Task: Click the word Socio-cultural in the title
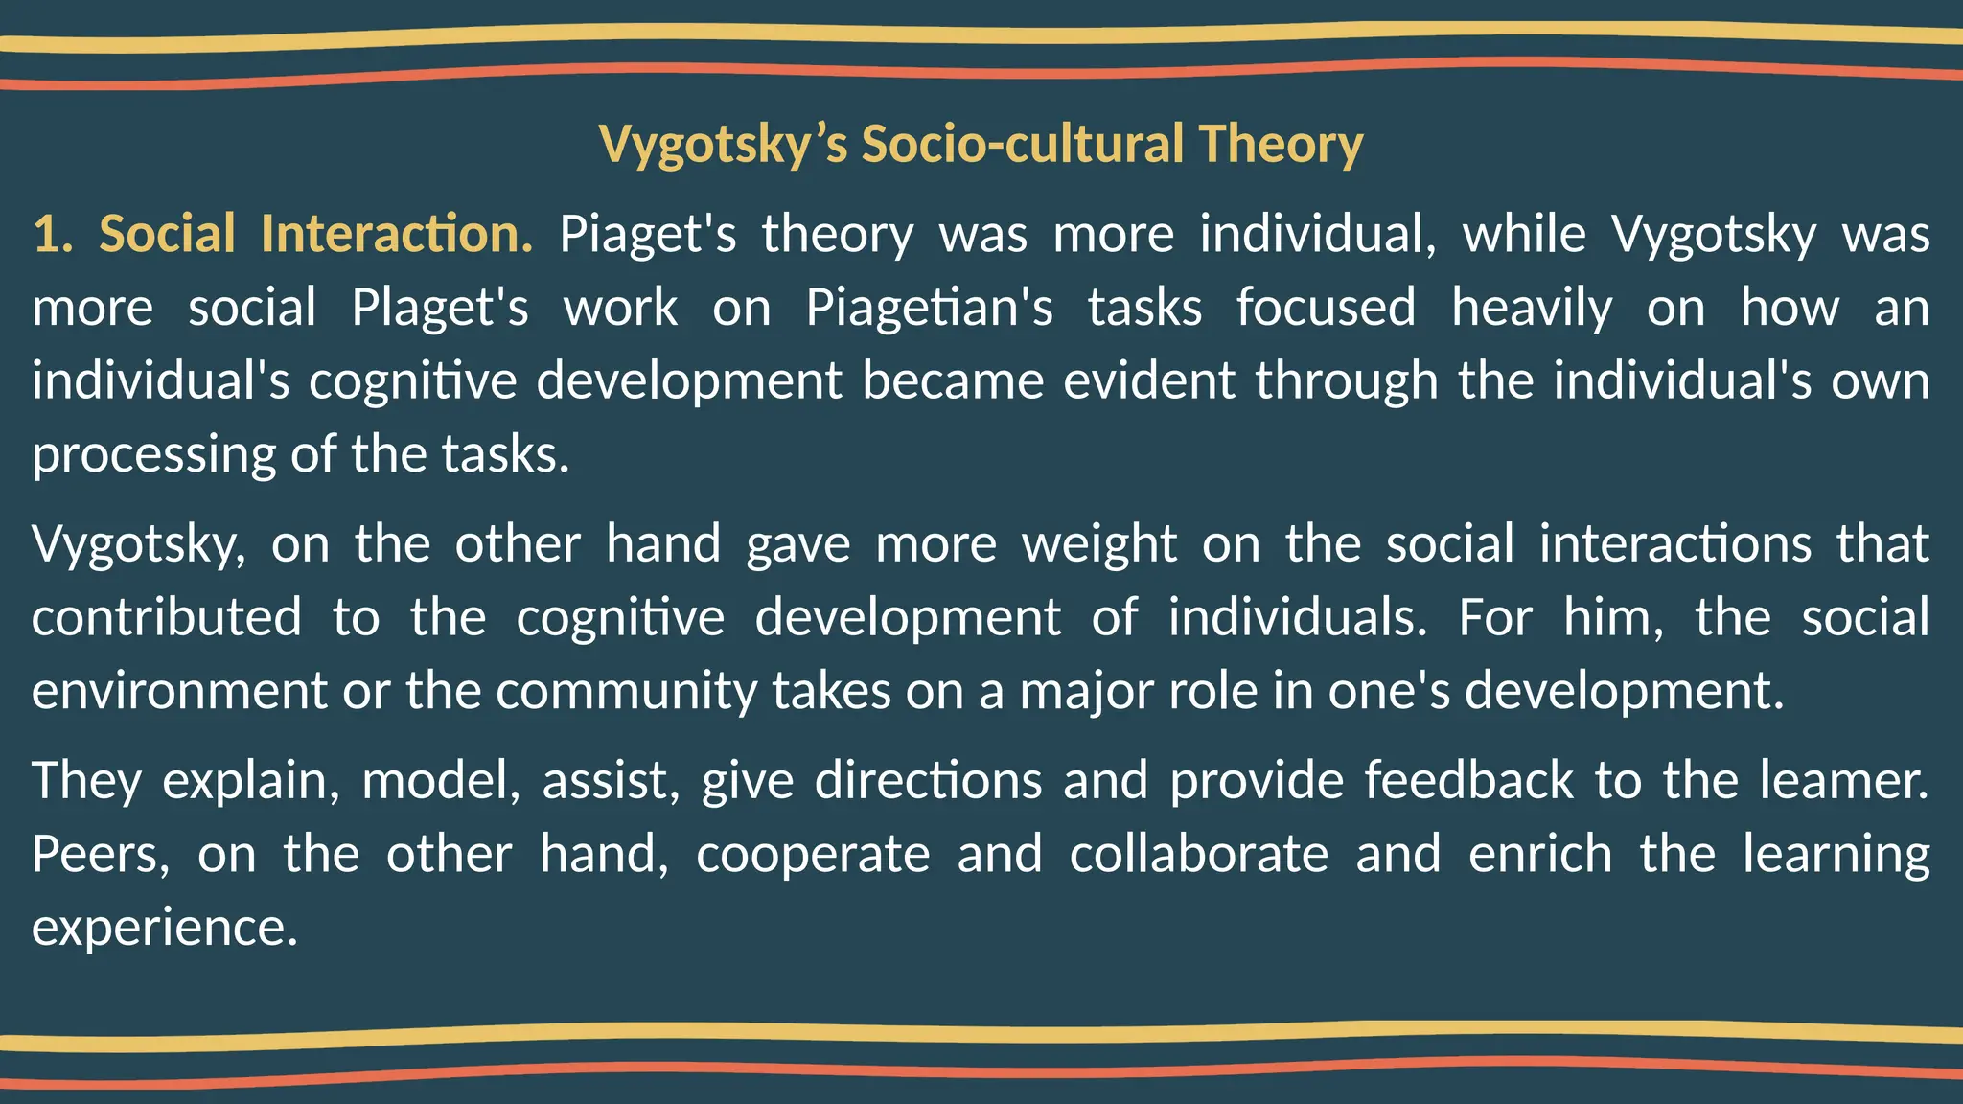(x=1022, y=144)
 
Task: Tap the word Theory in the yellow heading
(x=1281, y=146)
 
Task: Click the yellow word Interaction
(x=396, y=235)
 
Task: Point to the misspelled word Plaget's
(x=439, y=309)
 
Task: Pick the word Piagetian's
(x=929, y=309)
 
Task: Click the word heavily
(x=1532, y=309)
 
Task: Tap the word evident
(x=1149, y=380)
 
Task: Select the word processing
(x=153, y=455)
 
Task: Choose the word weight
(x=1098, y=544)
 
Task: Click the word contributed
(x=166, y=617)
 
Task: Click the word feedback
(x=1468, y=780)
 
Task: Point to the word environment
(x=179, y=691)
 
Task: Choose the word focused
(x=1325, y=309)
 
